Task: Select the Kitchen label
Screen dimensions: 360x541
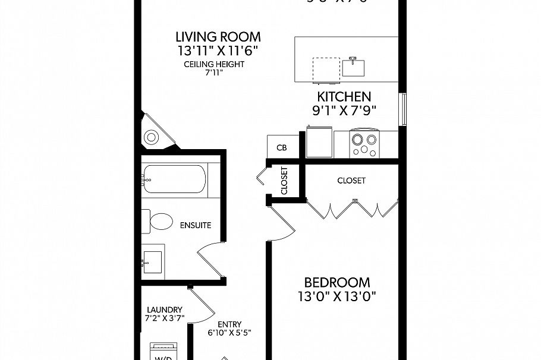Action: pos(344,97)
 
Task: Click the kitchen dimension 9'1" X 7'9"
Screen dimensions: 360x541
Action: pos(344,110)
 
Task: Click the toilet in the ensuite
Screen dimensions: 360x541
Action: pos(156,222)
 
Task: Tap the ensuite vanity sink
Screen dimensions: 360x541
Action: pos(152,261)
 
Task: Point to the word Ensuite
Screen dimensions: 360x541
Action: pos(195,226)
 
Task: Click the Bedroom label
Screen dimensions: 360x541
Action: pos(337,283)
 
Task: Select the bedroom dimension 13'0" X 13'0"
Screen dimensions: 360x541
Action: pos(337,296)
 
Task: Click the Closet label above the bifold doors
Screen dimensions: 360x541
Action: pos(351,181)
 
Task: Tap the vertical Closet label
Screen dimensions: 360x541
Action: pos(284,181)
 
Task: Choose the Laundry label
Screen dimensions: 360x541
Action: pos(165,310)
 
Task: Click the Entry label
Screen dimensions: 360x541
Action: pos(229,324)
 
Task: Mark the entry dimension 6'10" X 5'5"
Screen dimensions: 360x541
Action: pos(229,333)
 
